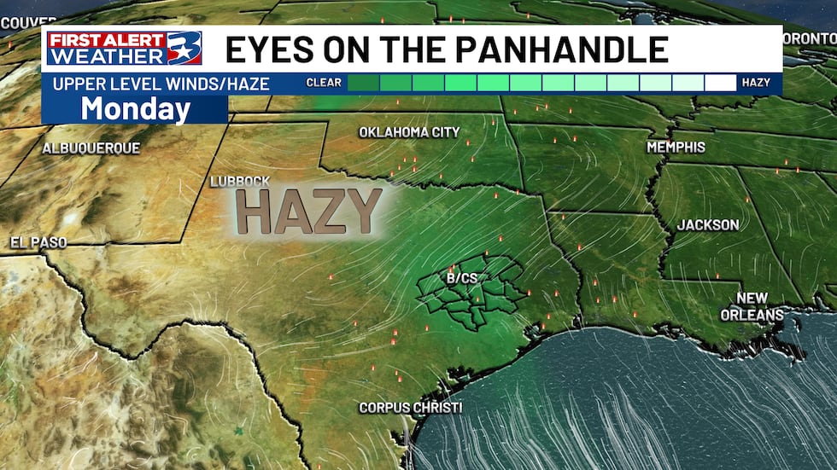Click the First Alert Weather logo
tap(124, 48)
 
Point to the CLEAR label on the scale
tap(325, 83)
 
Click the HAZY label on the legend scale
tap(756, 83)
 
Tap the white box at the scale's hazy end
tap(720, 83)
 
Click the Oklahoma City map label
tap(409, 132)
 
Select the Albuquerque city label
tap(91, 148)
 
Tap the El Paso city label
tap(38, 242)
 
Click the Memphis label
tap(676, 147)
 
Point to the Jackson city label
tap(708, 224)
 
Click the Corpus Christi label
tap(410, 408)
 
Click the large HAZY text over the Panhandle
tap(308, 211)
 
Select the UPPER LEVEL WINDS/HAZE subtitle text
tap(161, 84)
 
